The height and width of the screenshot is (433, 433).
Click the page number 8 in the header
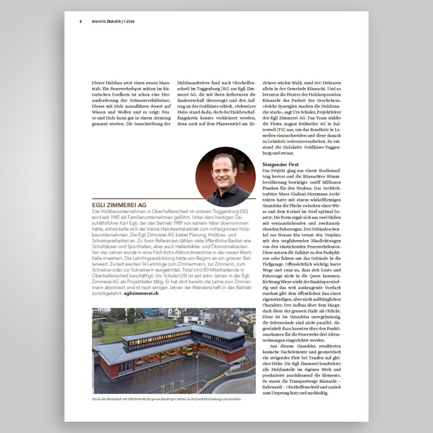(x=81, y=22)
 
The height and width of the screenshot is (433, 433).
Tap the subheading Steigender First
(x=280, y=164)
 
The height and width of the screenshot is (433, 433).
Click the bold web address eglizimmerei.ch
(x=141, y=293)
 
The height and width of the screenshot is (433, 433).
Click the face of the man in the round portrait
(x=219, y=172)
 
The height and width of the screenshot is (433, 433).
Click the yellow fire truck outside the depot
(x=188, y=351)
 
